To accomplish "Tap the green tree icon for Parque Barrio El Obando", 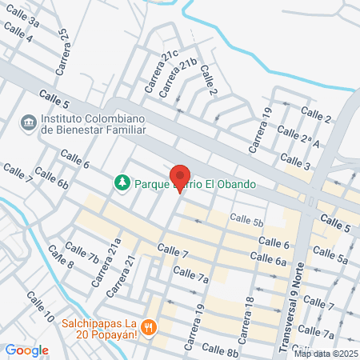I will (122, 183).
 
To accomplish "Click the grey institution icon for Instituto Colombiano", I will (30, 121).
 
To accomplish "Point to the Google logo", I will (26, 350).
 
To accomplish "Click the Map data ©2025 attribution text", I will (326, 354).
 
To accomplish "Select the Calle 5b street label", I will (246, 219).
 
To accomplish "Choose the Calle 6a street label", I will (268, 258).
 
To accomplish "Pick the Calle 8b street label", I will (220, 350).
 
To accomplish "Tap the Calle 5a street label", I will (331, 254).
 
